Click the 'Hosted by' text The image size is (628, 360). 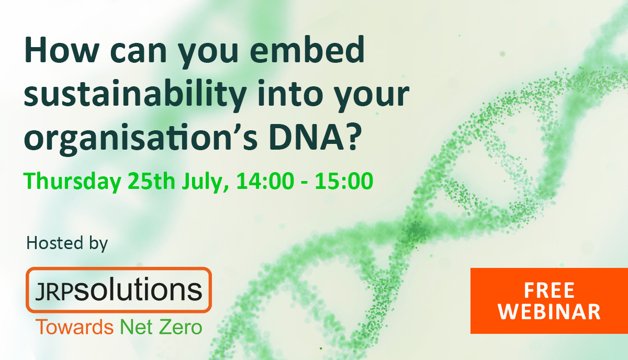[x=67, y=243]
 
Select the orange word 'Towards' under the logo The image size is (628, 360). [x=74, y=328]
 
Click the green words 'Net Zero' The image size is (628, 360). [x=161, y=328]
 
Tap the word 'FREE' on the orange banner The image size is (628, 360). [x=549, y=290]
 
